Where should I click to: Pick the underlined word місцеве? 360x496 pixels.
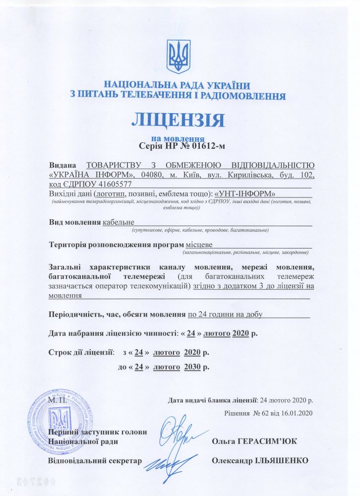199,244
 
